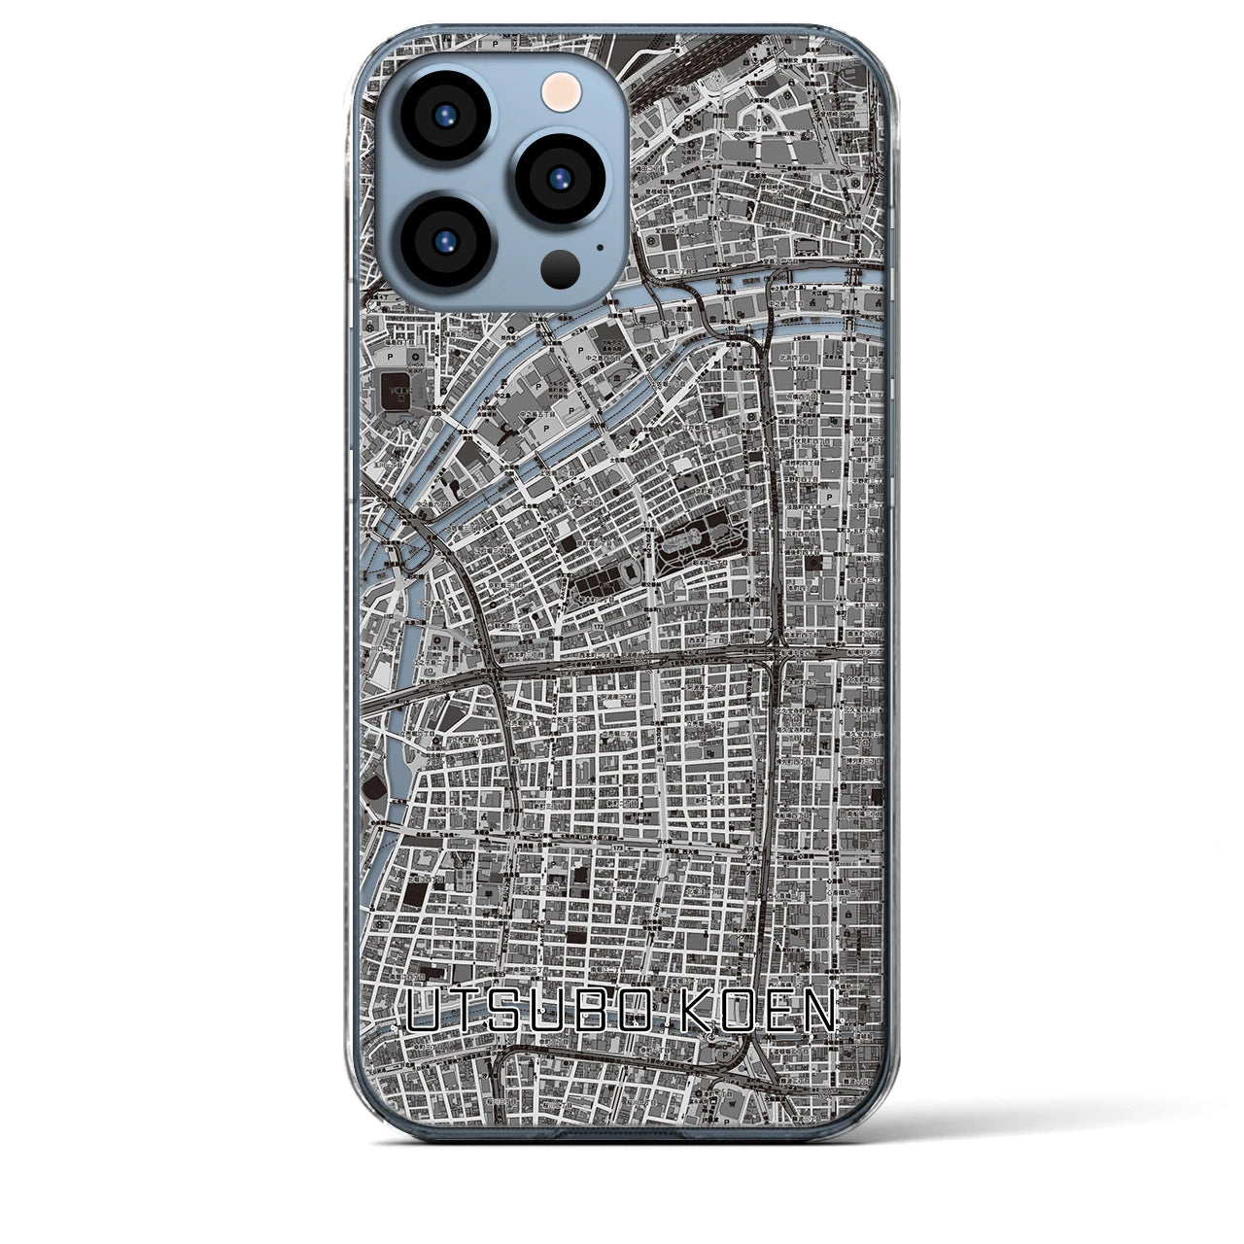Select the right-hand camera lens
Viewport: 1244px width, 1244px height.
(559, 178)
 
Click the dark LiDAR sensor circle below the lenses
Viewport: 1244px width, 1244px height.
(561, 265)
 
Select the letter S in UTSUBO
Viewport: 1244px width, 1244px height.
(510, 1016)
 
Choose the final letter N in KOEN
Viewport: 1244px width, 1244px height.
(819, 1016)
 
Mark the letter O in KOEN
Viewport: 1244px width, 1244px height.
(737, 1016)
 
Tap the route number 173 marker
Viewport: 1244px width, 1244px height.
(618, 848)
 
